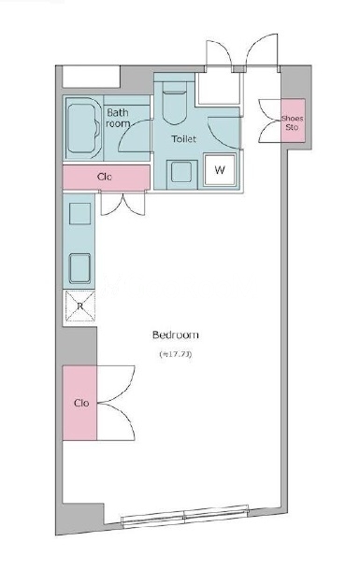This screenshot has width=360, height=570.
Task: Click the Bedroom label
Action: (x=175, y=335)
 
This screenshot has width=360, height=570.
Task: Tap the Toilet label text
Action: (x=183, y=138)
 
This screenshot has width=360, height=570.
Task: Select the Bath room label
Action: (x=118, y=118)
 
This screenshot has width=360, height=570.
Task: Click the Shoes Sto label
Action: (x=293, y=122)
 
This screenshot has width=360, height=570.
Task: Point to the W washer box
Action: (x=220, y=170)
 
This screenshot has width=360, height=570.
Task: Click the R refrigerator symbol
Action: (x=80, y=306)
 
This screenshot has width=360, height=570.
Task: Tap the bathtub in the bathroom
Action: (x=83, y=128)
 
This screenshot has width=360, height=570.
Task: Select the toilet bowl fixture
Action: (x=175, y=103)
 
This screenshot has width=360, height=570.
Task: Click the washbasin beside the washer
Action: (x=181, y=172)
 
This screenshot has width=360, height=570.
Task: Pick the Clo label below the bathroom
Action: (x=105, y=177)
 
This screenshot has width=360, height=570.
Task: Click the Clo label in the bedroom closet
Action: (x=81, y=403)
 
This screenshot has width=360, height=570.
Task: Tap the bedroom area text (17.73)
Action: (x=175, y=354)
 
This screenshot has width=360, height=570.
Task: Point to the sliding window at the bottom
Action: (x=185, y=515)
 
